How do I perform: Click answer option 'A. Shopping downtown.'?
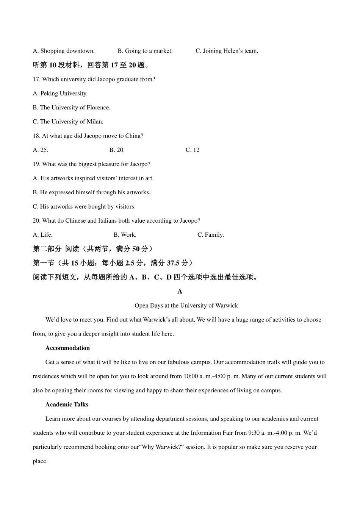(64, 51)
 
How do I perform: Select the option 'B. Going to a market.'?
(145, 51)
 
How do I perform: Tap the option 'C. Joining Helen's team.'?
(227, 51)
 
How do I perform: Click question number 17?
(36, 79)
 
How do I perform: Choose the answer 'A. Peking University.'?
(60, 93)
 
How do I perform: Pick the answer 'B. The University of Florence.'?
(72, 108)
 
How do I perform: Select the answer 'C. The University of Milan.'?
(68, 122)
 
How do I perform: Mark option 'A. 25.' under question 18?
(41, 150)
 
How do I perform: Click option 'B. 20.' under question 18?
(117, 150)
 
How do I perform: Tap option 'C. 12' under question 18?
(193, 150)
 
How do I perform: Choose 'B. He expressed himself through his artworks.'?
(91, 192)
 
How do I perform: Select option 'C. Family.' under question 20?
(211, 235)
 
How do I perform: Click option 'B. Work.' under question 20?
(125, 235)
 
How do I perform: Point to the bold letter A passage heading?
(180, 291)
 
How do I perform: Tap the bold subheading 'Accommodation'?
(67, 348)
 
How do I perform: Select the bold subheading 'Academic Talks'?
(67, 404)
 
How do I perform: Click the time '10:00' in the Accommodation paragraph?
(191, 376)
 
